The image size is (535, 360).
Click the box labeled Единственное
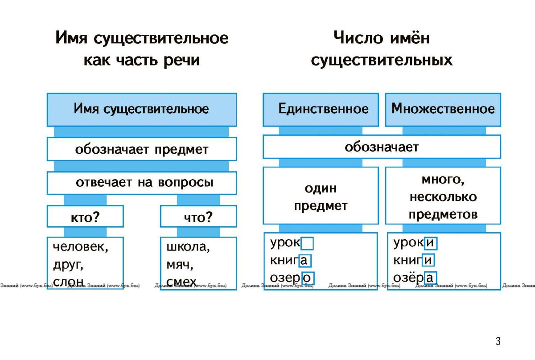[321, 110]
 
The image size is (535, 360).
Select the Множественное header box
[443, 110]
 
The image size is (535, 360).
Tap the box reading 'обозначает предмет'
[142, 149]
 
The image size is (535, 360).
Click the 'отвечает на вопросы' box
[142, 183]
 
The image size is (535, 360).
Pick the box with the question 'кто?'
[85, 216]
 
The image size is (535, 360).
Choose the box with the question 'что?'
[198, 216]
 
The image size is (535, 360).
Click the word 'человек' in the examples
[78, 246]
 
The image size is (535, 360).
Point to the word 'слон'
[68, 282]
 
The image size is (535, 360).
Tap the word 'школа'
[186, 246]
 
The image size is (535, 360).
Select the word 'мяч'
[178, 265]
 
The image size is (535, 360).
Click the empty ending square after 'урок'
[307, 244]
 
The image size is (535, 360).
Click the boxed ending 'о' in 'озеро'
[308, 278]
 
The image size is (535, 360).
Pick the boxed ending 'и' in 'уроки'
[431, 243]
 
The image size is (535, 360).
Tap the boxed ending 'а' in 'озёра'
[430, 278]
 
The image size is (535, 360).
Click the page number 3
[498, 341]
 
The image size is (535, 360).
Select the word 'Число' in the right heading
[358, 38]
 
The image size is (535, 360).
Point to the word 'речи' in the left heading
[182, 61]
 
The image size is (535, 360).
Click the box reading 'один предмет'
[321, 196]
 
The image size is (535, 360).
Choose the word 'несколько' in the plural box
[443, 197]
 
